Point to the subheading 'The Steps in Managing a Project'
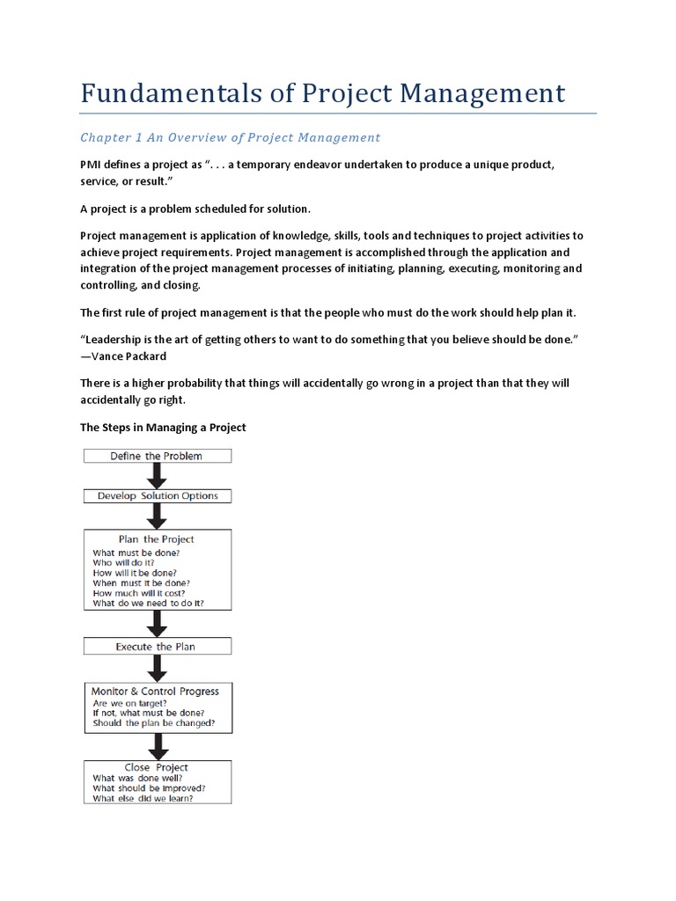point(163,428)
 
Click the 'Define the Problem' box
point(157,456)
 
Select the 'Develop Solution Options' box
point(157,496)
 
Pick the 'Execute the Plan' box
point(157,647)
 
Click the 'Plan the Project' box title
point(157,539)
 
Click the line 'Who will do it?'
point(124,561)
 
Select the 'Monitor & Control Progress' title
point(156,692)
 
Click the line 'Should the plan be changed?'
point(154,724)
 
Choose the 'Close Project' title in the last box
point(157,766)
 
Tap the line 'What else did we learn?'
point(143,798)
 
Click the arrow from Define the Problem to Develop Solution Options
point(158,476)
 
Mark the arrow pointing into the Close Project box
point(158,746)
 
